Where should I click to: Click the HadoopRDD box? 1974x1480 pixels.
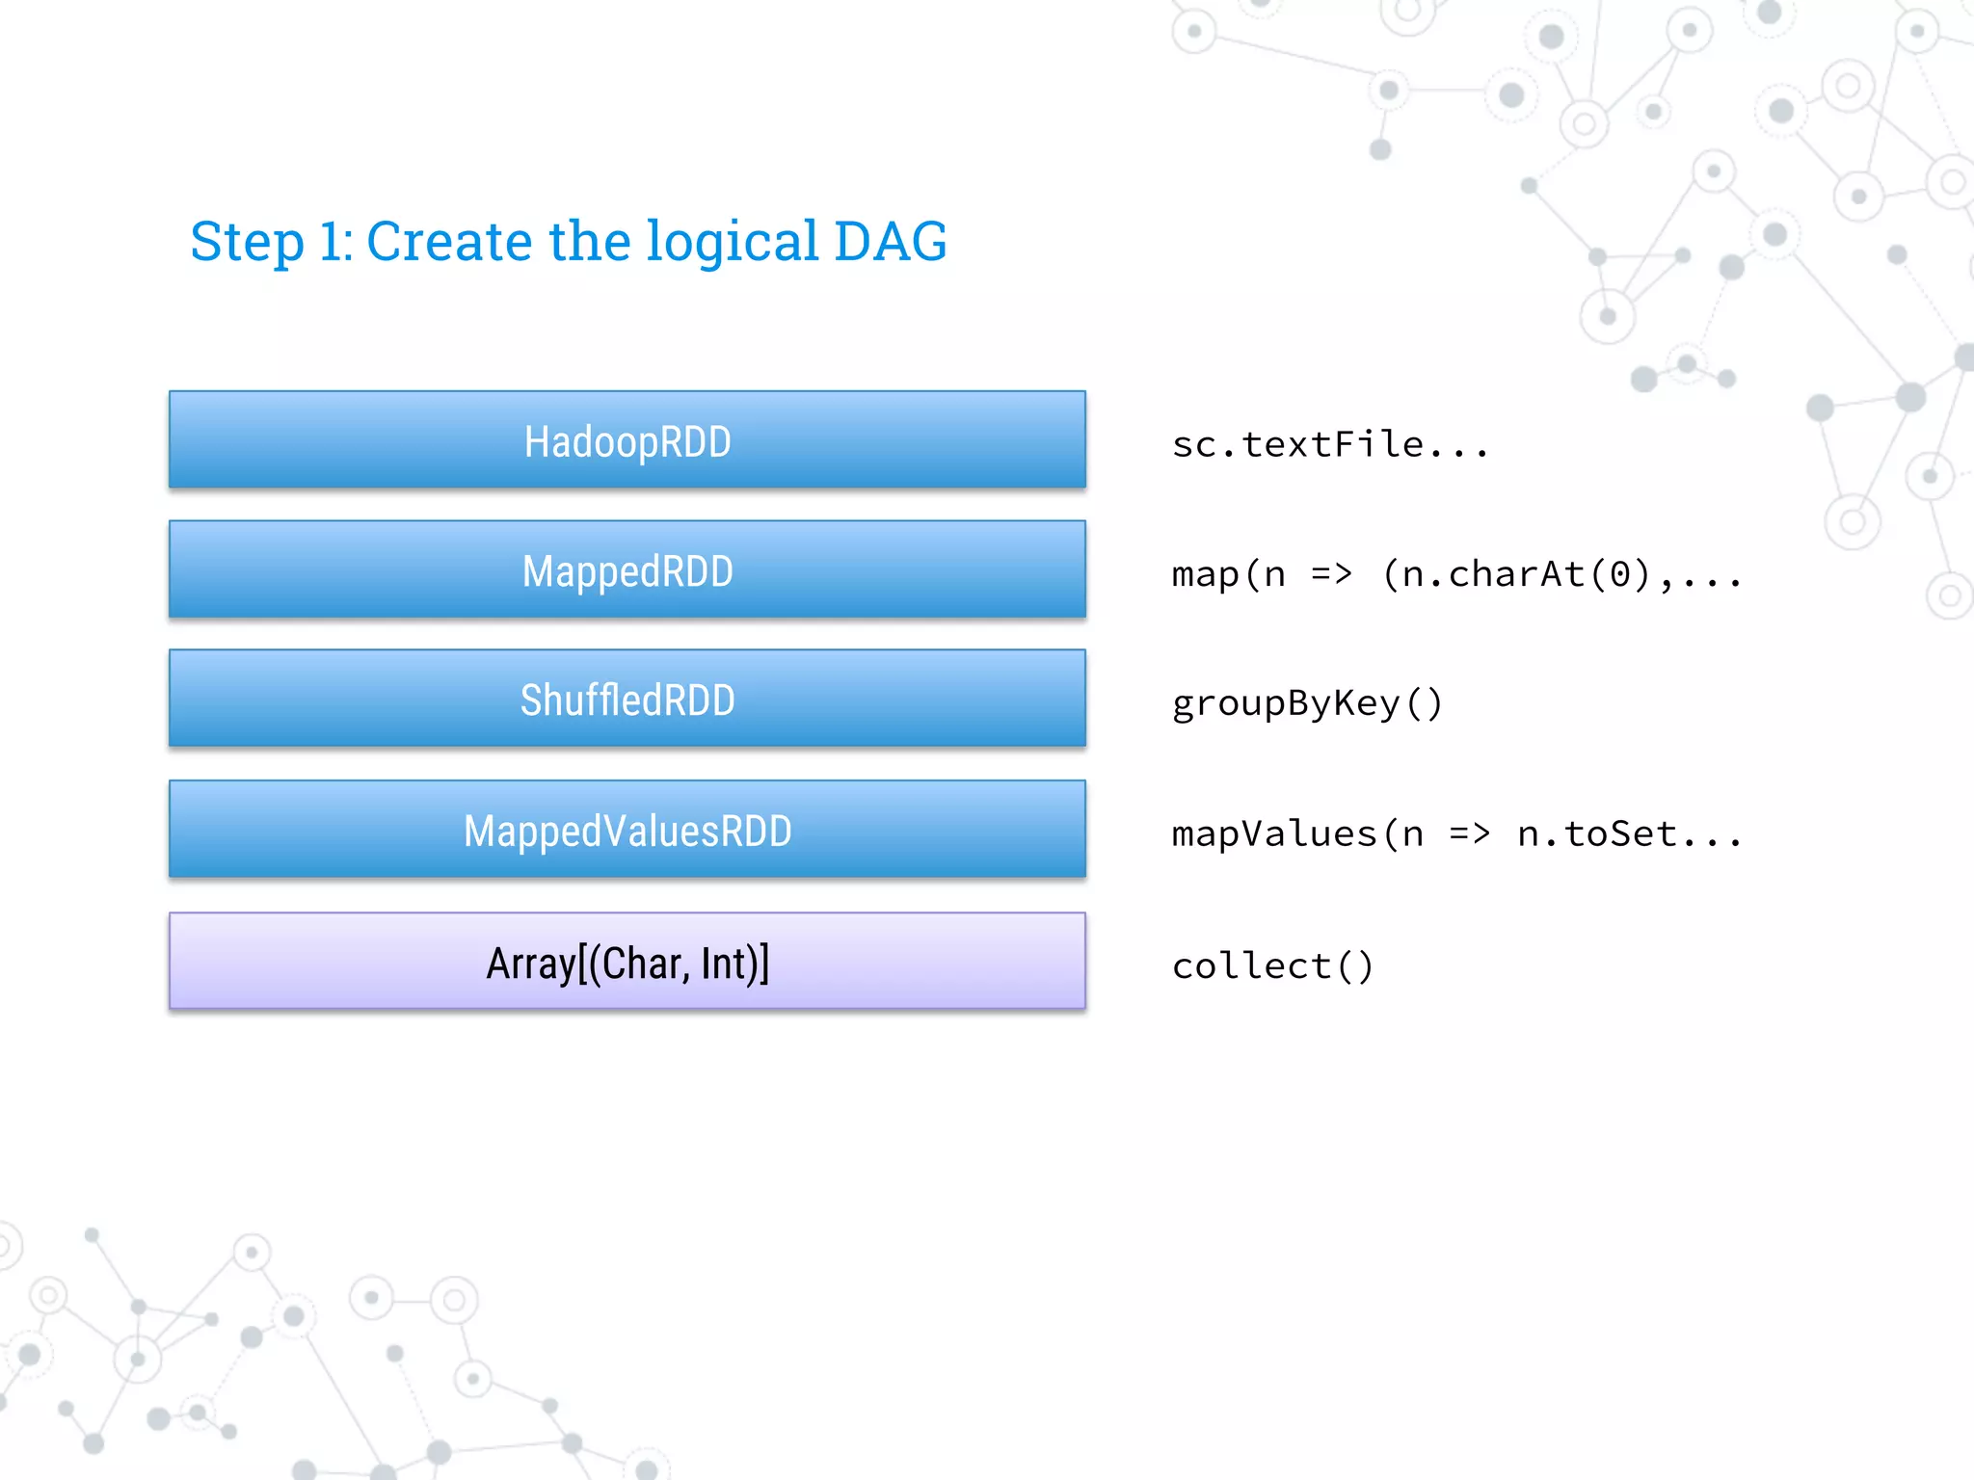coord(627,440)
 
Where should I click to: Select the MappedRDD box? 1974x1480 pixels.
coord(627,570)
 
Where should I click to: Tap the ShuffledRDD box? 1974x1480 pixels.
coord(627,700)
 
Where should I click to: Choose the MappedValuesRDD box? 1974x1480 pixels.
coord(627,830)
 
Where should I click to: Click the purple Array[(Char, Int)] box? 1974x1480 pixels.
coord(627,962)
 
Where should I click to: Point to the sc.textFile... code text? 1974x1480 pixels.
coord(1329,444)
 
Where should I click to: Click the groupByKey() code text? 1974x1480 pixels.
coord(1306,703)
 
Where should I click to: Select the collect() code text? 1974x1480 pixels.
coord(1271,965)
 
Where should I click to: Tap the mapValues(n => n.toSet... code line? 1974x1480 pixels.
coord(1455,833)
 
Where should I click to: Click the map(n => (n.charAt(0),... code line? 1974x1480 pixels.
coord(1455,574)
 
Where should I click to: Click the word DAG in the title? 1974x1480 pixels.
coord(890,241)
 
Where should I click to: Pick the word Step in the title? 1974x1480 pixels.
coord(247,243)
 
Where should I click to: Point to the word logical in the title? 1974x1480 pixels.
coord(732,243)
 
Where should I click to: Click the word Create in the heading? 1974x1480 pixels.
coord(449,241)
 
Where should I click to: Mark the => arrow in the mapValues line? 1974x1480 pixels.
coord(1468,833)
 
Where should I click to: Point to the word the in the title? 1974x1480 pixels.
coord(588,241)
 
